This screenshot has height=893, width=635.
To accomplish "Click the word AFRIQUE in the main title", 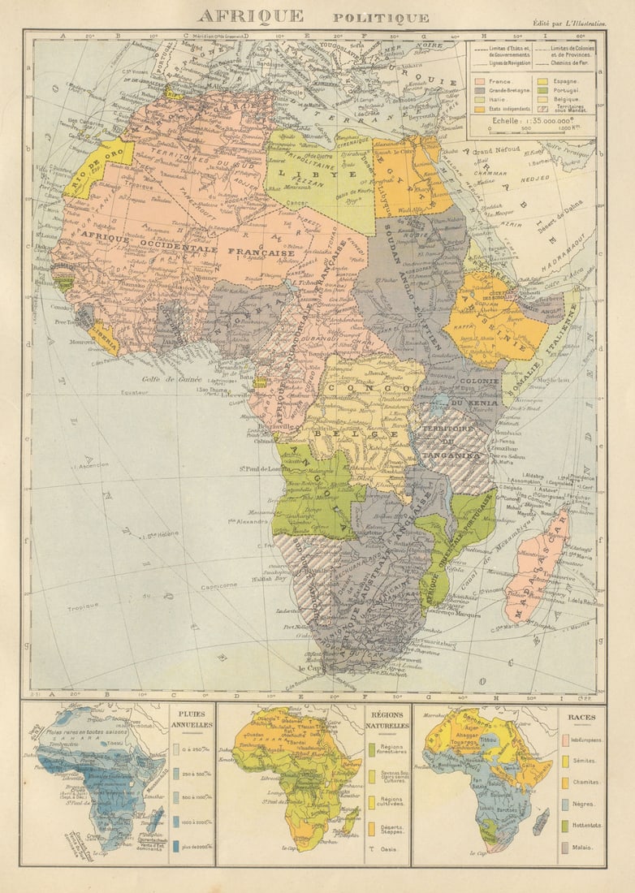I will tap(250, 16).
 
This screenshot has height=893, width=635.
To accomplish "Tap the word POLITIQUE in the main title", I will tap(381, 18).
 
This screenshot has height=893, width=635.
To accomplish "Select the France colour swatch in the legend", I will tap(479, 83).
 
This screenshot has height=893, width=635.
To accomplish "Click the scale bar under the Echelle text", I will tap(532, 134).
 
